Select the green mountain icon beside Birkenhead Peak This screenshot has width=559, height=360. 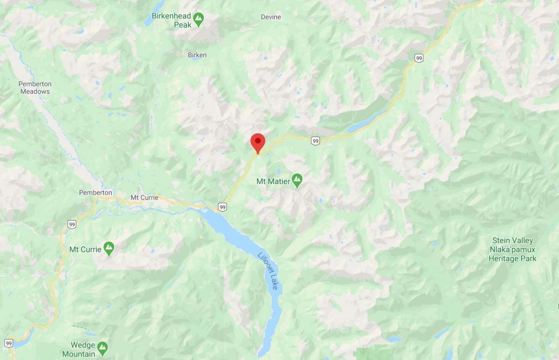pos(199,19)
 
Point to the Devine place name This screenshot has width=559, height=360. pos(271,17)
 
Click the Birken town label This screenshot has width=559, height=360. pos(197,55)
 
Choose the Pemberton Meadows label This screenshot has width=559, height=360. pos(35,88)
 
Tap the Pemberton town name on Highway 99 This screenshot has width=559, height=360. pos(95,192)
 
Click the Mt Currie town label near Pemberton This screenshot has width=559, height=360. pos(144,197)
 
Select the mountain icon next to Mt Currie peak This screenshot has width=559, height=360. pos(109,249)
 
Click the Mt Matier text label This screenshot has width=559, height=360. pos(273,181)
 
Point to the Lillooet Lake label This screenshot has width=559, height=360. pos(268,271)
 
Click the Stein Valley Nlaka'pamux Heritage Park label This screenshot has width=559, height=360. pos(512,250)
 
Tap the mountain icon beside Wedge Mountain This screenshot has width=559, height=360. pos(102,347)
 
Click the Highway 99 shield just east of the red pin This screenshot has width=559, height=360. pos(316,141)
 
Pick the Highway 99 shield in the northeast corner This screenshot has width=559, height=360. pos(419,58)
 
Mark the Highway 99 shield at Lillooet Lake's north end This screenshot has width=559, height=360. pos(223,207)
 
